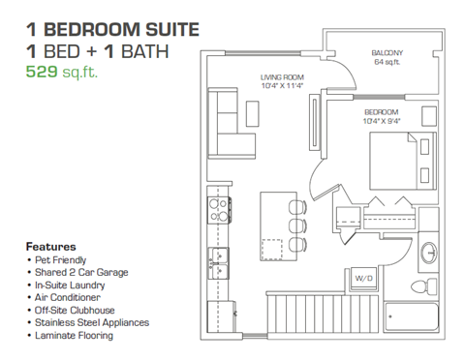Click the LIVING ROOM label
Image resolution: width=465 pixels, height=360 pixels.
tap(282, 76)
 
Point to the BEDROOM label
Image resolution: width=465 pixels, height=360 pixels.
tap(381, 112)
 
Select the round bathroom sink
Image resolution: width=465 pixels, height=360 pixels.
tap(431, 254)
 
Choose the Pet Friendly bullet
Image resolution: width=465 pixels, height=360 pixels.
tap(62, 260)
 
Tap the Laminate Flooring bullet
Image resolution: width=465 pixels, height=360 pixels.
tap(76, 336)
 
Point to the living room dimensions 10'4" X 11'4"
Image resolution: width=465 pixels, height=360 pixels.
tap(282, 86)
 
